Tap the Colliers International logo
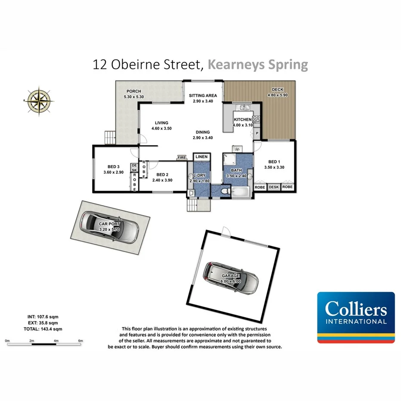coord(356,318)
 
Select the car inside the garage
coord(231,277)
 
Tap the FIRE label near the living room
coord(182,158)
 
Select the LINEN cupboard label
coord(201,157)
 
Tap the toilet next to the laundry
coord(224,190)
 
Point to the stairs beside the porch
coord(110,138)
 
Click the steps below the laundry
coord(198,205)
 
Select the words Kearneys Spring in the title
coord(258,65)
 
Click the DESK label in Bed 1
coord(274,187)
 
